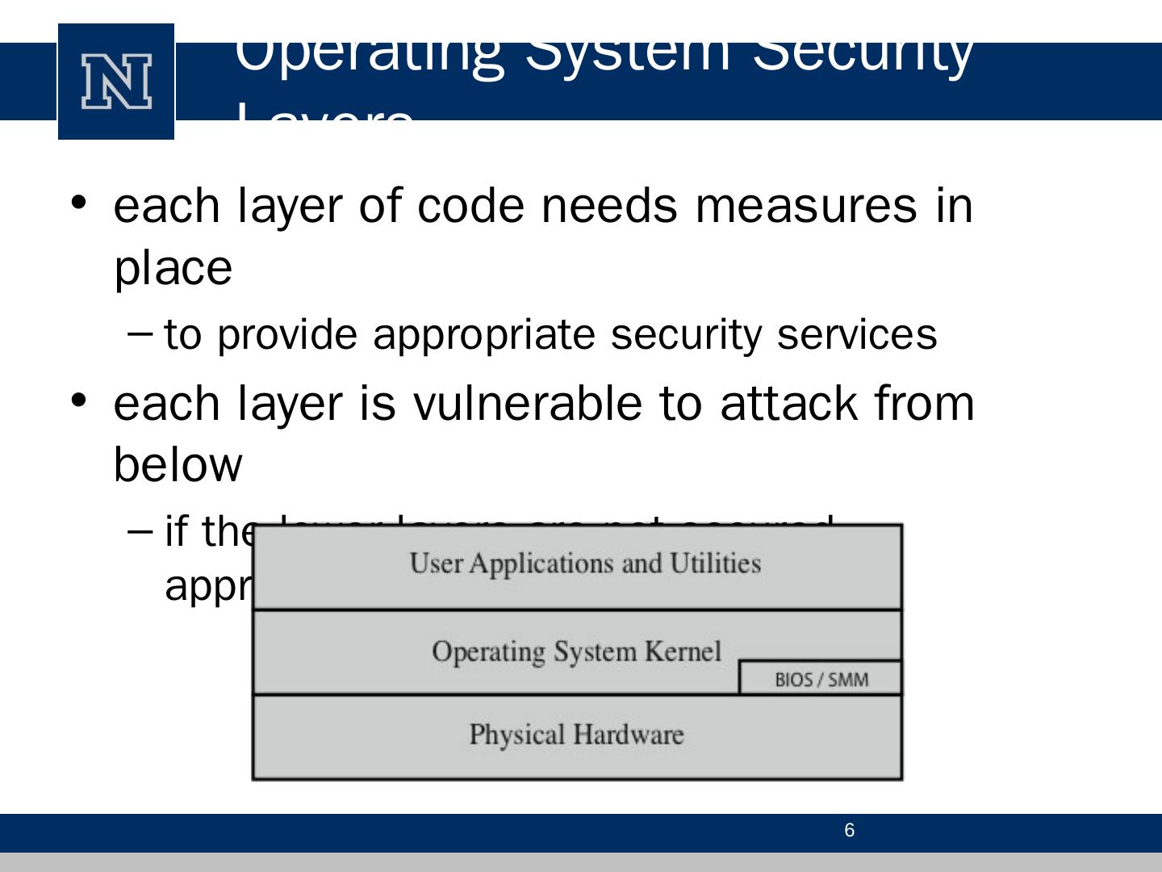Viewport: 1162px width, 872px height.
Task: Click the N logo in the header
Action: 116,82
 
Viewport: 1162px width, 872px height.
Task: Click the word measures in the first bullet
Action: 805,205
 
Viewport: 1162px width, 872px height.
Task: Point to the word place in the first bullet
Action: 173,268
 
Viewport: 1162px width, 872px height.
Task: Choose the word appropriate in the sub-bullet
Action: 483,335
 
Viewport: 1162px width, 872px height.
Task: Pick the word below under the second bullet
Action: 178,465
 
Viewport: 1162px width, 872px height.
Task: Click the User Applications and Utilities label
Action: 585,564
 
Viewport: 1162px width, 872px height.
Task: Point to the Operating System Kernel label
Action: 576,651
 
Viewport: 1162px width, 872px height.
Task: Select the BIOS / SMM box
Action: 821,679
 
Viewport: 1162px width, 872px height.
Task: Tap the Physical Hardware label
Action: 576,735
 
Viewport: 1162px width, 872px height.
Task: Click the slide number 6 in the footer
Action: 849,831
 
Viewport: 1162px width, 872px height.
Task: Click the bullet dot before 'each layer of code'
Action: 78,202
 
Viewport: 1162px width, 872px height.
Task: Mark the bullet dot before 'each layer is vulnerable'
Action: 78,400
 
